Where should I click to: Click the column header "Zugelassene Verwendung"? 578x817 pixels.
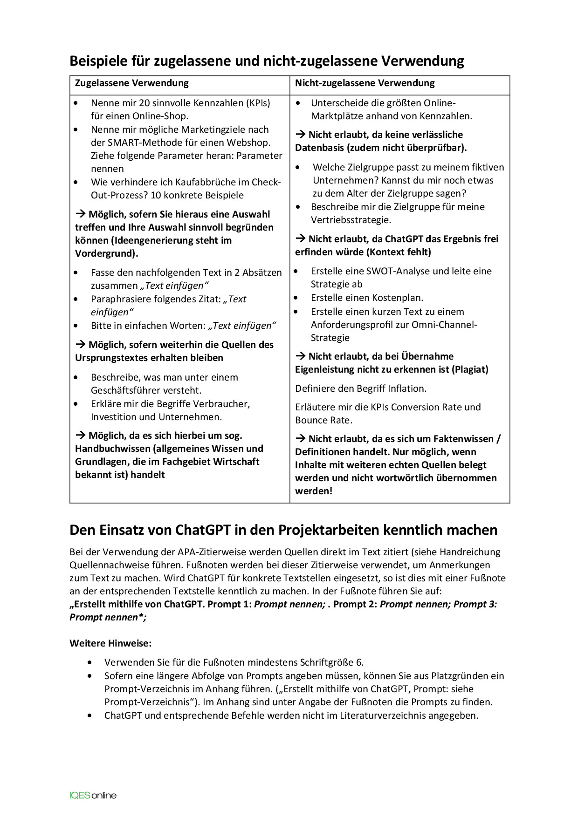coord(131,83)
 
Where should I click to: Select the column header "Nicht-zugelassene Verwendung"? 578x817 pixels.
coord(365,83)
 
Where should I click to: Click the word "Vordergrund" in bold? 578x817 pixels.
coord(105,253)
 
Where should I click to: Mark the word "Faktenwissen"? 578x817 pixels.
coord(463,439)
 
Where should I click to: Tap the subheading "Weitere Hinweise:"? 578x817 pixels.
coord(110,643)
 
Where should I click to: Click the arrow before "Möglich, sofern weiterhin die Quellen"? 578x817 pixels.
coord(80,345)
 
